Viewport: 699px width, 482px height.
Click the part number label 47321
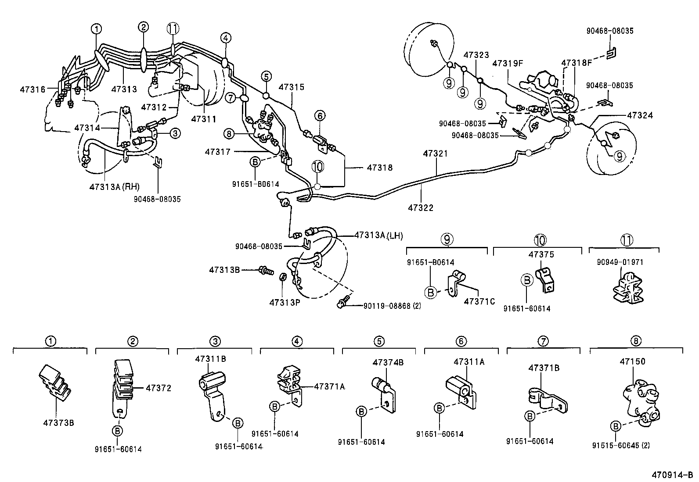436,154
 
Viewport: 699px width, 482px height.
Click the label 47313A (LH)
378,236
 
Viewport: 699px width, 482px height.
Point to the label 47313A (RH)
114,186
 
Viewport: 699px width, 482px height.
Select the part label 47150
632,361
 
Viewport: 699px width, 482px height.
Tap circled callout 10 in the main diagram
317,166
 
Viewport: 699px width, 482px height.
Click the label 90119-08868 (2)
392,306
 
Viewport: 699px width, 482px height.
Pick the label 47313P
285,303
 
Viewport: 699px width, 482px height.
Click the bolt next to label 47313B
264,270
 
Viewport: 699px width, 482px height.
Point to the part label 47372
158,388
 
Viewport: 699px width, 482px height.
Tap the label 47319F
507,63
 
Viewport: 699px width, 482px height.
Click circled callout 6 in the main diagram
320,116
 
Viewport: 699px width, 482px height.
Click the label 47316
32,89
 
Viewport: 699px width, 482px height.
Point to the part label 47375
541,254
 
